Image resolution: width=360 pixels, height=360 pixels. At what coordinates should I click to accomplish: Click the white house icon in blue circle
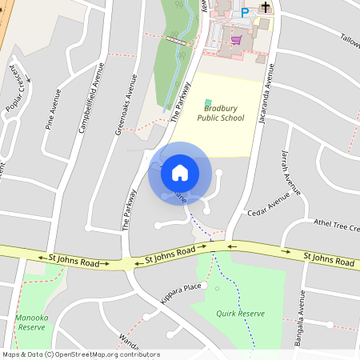point(180,172)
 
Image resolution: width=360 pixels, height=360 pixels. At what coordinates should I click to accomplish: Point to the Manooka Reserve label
point(30,322)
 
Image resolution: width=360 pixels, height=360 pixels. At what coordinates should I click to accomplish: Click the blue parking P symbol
point(246,12)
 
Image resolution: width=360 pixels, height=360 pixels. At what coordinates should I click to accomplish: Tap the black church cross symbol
point(266,6)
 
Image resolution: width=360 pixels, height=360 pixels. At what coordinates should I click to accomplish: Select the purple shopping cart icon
point(236,38)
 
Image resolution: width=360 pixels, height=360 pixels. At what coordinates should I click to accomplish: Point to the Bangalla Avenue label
point(302,314)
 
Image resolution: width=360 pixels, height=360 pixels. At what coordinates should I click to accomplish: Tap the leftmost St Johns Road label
point(74,261)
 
